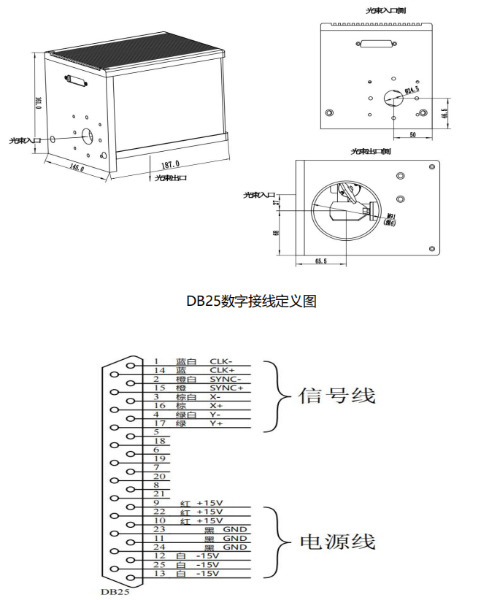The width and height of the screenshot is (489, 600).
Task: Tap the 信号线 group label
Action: pos(336,396)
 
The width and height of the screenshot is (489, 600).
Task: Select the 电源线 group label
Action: pos(337,542)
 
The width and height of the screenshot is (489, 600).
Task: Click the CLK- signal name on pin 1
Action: pos(220,361)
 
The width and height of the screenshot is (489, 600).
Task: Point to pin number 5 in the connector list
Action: pos(156,432)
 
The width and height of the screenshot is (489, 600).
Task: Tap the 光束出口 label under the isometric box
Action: pos(170,177)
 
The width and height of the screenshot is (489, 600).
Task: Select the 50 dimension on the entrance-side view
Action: pos(412,136)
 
